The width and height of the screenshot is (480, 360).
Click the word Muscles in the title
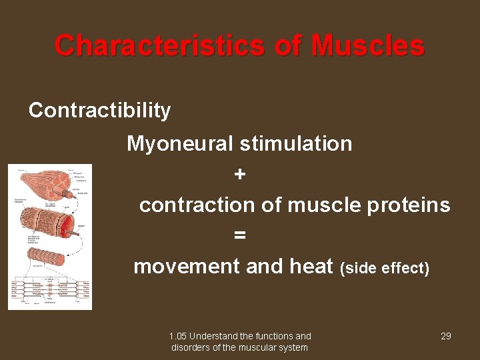tap(367, 46)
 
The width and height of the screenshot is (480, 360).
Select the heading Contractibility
tap(99, 110)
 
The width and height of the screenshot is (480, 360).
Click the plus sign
tap(240, 175)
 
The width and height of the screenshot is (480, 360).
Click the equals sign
tap(240, 235)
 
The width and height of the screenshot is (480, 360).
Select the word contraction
tap(197, 205)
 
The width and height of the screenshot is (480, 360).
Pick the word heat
tap(311, 267)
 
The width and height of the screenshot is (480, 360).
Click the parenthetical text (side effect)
tap(385, 269)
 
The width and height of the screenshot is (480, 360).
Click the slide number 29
tap(446, 336)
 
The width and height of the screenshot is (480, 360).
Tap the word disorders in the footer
tap(192, 347)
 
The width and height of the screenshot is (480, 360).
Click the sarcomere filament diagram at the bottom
tap(50, 290)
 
